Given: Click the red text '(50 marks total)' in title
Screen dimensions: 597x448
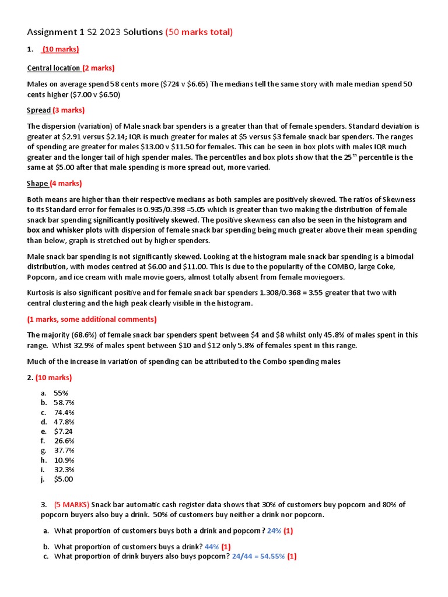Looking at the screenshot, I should (199, 32).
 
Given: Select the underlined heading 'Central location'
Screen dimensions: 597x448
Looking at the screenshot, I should (54, 68).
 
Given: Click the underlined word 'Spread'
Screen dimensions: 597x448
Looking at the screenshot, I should (38, 110).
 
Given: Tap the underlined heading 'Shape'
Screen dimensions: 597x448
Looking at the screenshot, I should (37, 184).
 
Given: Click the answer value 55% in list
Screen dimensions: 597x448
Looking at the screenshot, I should (61, 393).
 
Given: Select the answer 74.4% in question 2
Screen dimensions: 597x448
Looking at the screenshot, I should (64, 412).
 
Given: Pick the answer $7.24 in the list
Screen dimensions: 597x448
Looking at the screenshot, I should (63, 431).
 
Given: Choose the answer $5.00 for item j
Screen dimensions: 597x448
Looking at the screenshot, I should (64, 479).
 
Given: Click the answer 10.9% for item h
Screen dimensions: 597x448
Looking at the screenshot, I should (64, 460).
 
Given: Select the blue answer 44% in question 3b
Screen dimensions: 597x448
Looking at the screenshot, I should (211, 547).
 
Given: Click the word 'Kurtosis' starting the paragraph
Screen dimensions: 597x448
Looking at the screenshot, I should (42, 293).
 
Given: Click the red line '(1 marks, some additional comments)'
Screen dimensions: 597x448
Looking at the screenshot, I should (92, 319).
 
